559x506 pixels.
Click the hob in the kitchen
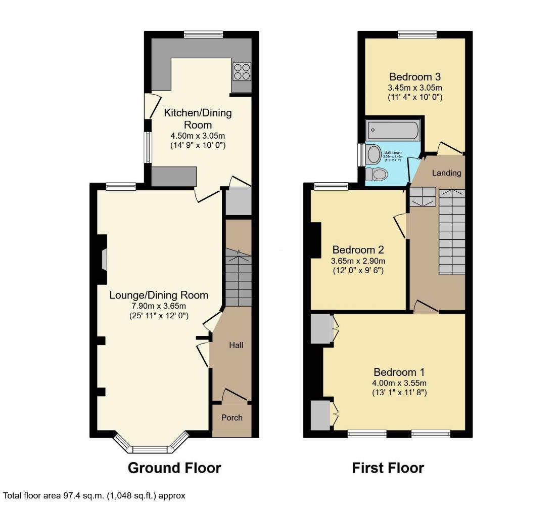(242, 71)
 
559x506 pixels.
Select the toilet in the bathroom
(377, 175)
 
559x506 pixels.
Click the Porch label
(232, 418)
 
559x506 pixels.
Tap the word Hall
(236, 346)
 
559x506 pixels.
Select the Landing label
(447, 173)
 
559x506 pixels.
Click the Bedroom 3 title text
(415, 77)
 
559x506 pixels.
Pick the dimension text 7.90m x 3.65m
(158, 306)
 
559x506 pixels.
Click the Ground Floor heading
(174, 468)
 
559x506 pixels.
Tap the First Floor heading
(388, 468)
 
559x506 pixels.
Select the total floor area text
(95, 496)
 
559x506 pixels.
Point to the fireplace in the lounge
(104, 260)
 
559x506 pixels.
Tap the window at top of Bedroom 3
(417, 35)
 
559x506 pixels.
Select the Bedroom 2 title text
(358, 250)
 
